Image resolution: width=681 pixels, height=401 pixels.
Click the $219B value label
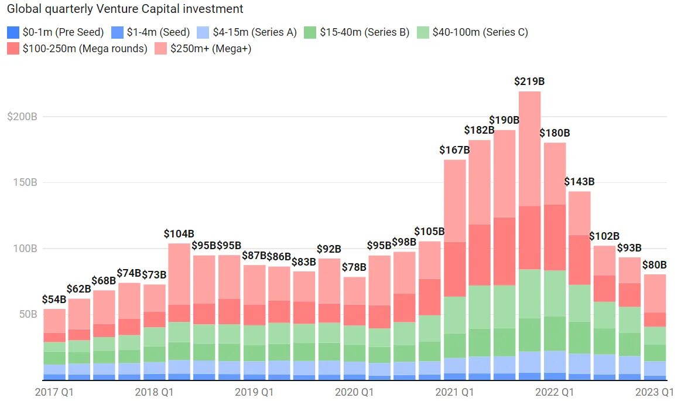[x=529, y=81]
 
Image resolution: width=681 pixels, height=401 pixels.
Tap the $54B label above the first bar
[x=54, y=299]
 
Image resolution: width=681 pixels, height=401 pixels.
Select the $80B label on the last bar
[x=655, y=264]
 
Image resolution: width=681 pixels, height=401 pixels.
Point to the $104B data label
[x=179, y=233]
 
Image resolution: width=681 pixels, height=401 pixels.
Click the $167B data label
[x=454, y=150]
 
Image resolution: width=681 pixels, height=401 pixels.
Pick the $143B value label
[x=579, y=182]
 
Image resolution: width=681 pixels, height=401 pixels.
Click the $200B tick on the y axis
[x=22, y=117]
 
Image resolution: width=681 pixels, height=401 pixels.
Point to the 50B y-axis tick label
[x=25, y=314]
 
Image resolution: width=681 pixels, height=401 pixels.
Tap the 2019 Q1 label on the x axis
[x=254, y=391]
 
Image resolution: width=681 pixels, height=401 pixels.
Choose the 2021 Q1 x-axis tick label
[x=454, y=391]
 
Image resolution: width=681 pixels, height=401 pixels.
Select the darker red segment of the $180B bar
[x=555, y=237]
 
